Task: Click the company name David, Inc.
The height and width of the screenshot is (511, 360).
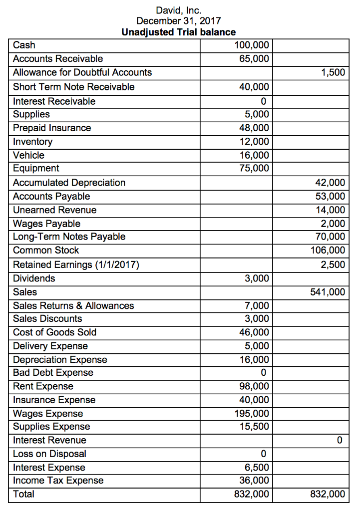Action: click(178, 9)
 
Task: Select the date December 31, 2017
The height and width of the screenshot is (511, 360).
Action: click(178, 20)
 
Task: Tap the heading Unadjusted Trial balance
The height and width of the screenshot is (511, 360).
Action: click(178, 32)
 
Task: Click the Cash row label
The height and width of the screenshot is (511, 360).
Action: click(24, 45)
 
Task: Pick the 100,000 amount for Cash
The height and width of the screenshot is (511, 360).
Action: click(252, 45)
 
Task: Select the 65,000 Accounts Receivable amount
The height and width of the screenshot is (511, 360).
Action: click(254, 59)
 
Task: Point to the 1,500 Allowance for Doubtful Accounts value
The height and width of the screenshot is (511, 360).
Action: click(333, 72)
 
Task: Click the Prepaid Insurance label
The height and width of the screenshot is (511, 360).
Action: click(52, 128)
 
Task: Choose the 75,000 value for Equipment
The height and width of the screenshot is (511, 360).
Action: click(254, 168)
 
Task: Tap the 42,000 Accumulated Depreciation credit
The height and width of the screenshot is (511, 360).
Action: click(331, 183)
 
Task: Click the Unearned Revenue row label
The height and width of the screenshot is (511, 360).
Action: click(54, 210)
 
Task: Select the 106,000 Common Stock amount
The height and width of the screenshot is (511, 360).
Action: click(328, 250)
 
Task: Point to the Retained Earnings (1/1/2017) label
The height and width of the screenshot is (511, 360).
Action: click(75, 265)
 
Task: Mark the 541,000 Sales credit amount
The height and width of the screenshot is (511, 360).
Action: click(328, 292)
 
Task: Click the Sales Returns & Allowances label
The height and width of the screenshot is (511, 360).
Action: click(73, 305)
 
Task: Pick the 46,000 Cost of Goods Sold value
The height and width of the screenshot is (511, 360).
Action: click(254, 332)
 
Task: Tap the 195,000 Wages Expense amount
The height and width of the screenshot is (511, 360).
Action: click(252, 414)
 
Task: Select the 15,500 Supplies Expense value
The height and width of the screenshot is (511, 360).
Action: click(254, 427)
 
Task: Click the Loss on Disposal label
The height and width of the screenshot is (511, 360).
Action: click(49, 454)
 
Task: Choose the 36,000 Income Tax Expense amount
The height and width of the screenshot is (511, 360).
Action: click(254, 481)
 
